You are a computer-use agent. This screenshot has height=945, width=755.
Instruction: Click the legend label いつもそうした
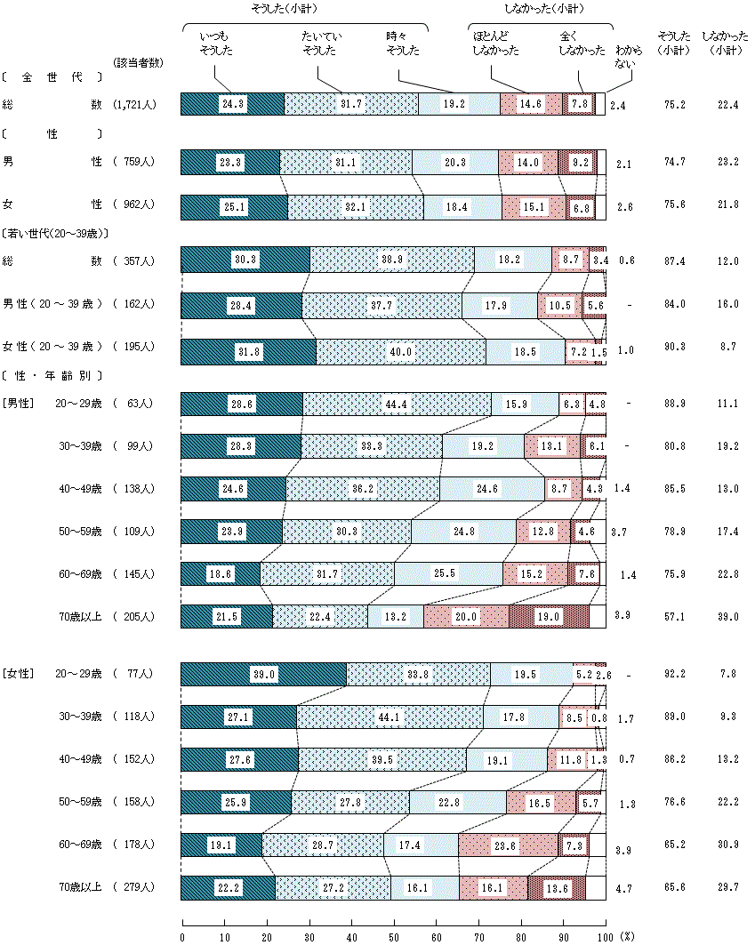[215, 44]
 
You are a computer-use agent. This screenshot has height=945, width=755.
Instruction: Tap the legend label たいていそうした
[321, 44]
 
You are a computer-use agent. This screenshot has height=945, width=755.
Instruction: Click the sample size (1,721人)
[135, 105]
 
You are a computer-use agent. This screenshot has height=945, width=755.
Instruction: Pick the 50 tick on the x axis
[394, 936]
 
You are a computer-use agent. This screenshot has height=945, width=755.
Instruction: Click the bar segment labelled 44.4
[397, 404]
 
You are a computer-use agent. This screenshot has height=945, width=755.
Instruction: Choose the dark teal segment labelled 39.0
[263, 675]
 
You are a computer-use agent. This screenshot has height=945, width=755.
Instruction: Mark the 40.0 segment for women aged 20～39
[401, 351]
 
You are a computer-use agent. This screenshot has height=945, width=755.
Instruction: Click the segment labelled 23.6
[508, 845]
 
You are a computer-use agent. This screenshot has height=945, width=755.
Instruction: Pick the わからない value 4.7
[625, 887]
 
